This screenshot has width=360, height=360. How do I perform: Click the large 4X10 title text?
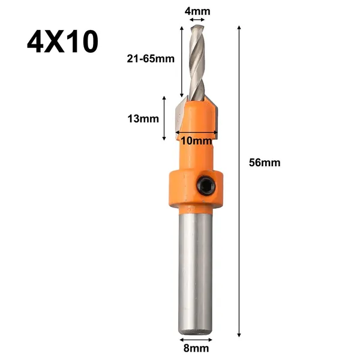(x=62, y=41)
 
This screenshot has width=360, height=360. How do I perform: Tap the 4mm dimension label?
(x=197, y=11)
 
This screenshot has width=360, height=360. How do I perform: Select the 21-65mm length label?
(x=151, y=59)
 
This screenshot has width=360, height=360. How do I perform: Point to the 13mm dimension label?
(x=143, y=119)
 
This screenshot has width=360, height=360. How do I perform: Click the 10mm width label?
(x=196, y=141)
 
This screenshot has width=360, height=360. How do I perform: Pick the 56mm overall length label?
(x=265, y=163)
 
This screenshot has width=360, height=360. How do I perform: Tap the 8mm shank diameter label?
(x=196, y=348)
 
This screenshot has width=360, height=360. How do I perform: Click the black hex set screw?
(x=206, y=185)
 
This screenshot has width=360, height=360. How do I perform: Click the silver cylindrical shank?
(x=195, y=271)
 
